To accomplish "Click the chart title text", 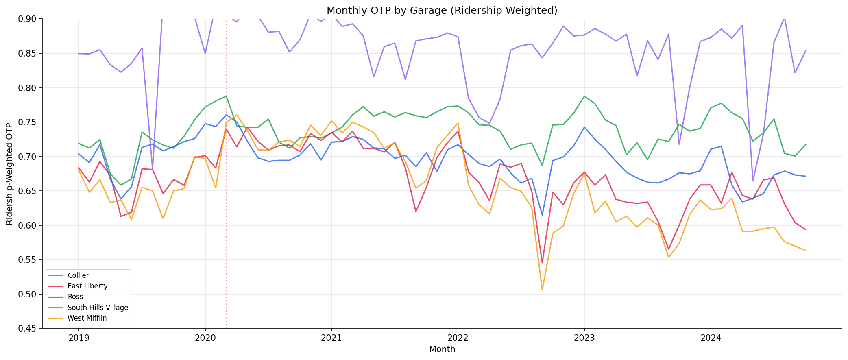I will tap(442, 11).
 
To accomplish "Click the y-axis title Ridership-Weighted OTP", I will tap(9, 174).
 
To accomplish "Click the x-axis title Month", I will tap(442, 349).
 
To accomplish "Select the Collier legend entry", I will tap(78, 275).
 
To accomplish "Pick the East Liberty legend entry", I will tap(87, 286).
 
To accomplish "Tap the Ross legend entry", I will tap(75, 297).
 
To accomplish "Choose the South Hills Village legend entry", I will tap(98, 308).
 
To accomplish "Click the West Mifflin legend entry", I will tap(87, 318).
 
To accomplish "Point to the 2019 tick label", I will tap(78, 337).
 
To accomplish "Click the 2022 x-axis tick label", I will tap(458, 337).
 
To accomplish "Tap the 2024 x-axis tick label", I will tap(711, 337).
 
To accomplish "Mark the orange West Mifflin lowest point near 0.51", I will tap(542, 290).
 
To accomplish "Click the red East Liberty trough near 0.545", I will tap(542, 263).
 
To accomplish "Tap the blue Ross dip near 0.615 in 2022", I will tap(542, 215).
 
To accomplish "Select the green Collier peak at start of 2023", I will tap(584, 96).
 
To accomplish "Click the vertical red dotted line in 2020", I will tap(226, 203).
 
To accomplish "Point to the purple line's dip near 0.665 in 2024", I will tap(753, 181).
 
